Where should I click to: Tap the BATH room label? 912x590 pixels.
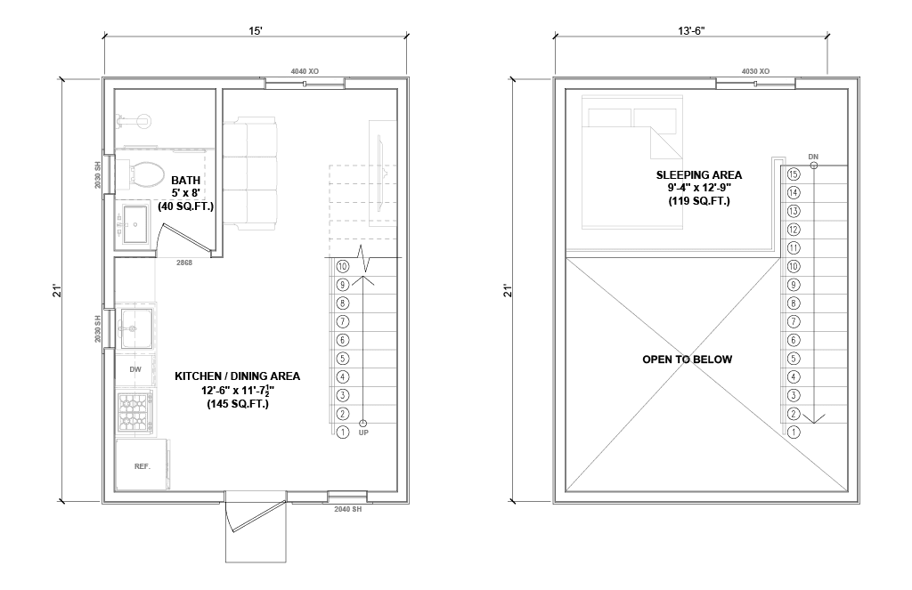pyautogui.click(x=185, y=181)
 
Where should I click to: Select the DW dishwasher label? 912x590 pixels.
pyautogui.click(x=135, y=369)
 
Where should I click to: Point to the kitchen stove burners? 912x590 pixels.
pyautogui.click(x=135, y=411)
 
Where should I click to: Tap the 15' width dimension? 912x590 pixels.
pyautogui.click(x=256, y=31)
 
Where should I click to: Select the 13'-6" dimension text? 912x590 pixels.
pyautogui.click(x=691, y=31)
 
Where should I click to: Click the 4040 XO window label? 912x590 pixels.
pyautogui.click(x=305, y=71)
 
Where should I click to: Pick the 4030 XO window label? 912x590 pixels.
pyautogui.click(x=755, y=71)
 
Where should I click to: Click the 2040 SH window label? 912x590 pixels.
pyautogui.click(x=348, y=509)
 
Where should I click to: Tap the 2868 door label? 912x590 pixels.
pyautogui.click(x=184, y=263)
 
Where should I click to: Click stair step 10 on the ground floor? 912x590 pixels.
pyautogui.click(x=343, y=267)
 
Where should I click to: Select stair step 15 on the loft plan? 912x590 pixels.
pyautogui.click(x=794, y=174)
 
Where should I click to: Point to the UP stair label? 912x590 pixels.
pyautogui.click(x=363, y=432)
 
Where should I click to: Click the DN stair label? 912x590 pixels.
pyautogui.click(x=813, y=157)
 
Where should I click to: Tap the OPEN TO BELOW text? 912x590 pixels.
pyautogui.click(x=687, y=360)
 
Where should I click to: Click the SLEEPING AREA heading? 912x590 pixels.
pyautogui.click(x=699, y=175)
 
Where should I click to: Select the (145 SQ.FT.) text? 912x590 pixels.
pyautogui.click(x=238, y=404)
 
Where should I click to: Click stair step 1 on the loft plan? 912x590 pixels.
pyautogui.click(x=794, y=432)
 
